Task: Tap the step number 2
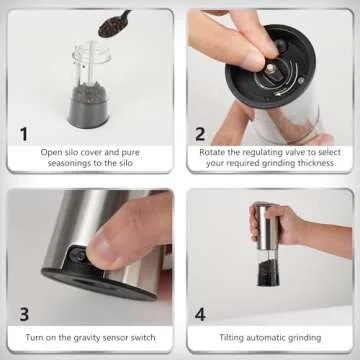[x=201, y=132]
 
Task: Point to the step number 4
[x=201, y=312]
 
